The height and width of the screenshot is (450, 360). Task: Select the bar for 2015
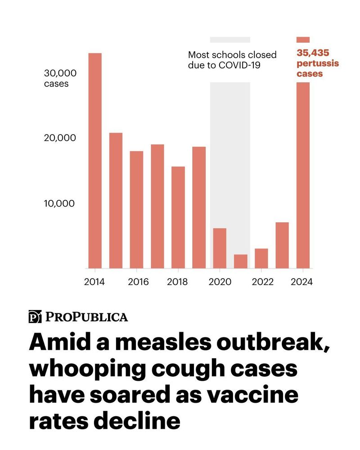coord(116,200)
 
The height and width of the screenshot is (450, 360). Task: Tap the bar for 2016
coord(136,209)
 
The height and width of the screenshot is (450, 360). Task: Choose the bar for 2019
coord(199,207)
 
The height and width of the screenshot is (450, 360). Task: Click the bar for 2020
coord(220,248)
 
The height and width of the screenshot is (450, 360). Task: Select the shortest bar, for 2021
coord(240,261)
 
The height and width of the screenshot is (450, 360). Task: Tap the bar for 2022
coord(261,258)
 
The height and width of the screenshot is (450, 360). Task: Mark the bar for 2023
coord(282,245)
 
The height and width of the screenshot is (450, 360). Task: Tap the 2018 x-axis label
coord(178,282)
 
